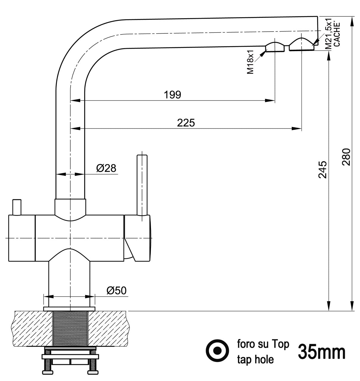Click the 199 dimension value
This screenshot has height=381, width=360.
(x=172, y=95)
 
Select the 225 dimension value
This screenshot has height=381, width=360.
(x=186, y=122)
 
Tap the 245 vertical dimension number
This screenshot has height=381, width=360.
(x=322, y=169)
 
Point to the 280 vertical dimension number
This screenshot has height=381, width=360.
(x=346, y=157)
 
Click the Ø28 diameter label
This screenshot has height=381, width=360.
(x=106, y=168)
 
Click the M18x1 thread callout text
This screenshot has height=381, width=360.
(x=250, y=62)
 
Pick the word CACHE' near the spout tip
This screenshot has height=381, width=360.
(x=336, y=35)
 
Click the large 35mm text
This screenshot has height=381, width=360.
(x=322, y=352)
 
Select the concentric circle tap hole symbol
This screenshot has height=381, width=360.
(x=218, y=351)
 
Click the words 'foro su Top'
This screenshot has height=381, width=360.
(x=263, y=344)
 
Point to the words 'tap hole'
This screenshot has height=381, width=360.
(x=255, y=360)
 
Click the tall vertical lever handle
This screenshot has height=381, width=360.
(x=142, y=185)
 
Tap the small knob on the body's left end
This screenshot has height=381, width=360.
(x=16, y=207)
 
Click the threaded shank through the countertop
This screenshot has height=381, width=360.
(x=70, y=329)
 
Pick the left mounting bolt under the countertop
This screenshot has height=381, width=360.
(x=47, y=365)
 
